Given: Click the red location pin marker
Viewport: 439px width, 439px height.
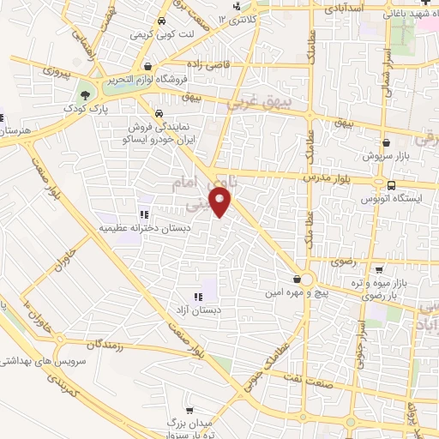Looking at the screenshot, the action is pyautogui.click(x=222, y=204).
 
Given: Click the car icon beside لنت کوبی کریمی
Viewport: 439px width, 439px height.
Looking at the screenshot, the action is pyautogui.click(x=159, y=23).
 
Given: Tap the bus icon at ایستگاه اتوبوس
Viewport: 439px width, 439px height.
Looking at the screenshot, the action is pyautogui.click(x=392, y=185).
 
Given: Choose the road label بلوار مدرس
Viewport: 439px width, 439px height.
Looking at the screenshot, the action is pyautogui.click(x=327, y=177).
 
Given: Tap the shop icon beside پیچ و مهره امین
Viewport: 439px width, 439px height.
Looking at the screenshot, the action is pyautogui.click(x=297, y=280).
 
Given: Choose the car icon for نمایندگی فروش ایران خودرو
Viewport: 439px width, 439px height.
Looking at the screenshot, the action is pyautogui.click(x=159, y=113).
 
